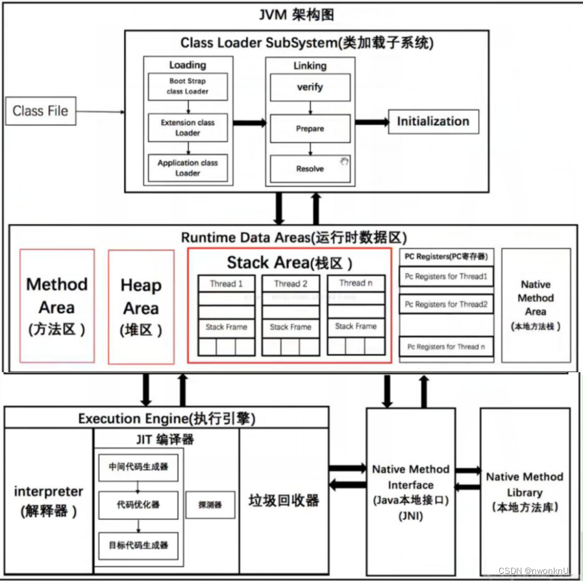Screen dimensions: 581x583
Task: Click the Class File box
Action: pos(40,111)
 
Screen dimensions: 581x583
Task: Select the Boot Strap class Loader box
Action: pos(188,87)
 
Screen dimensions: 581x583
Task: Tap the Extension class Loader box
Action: pos(188,127)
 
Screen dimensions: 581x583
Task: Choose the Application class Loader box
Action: pos(188,168)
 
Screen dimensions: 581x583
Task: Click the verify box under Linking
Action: pos(310,87)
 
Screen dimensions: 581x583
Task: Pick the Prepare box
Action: pos(310,128)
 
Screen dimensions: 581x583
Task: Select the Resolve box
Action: pos(310,169)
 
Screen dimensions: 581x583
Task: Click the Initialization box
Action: pos(433,121)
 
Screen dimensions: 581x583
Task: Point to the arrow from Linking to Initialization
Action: pos(371,122)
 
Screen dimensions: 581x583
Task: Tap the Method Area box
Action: pos(57,306)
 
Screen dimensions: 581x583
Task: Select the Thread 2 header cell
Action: pos(291,283)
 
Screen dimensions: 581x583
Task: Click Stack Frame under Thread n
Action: pos(356,326)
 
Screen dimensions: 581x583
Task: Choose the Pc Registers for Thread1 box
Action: pos(446,277)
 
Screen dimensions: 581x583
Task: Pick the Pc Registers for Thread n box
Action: pos(446,346)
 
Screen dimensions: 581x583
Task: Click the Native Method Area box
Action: pos(536,305)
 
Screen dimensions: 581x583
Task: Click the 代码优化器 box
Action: pos(138,504)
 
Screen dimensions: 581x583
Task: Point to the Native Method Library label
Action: pos(525,492)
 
